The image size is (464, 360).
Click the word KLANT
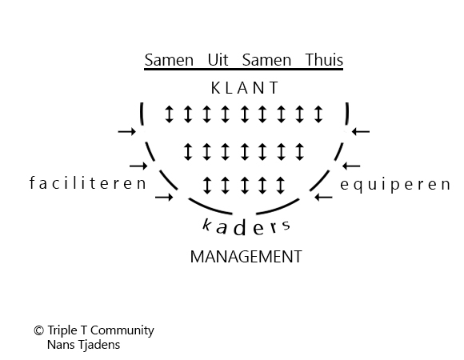click(245, 88)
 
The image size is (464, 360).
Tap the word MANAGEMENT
click(246, 257)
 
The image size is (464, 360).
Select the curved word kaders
click(246, 227)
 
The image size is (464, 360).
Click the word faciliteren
click(88, 183)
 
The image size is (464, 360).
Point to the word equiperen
click(395, 185)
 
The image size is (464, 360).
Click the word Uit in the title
click(218, 60)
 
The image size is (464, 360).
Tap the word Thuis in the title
click(324, 60)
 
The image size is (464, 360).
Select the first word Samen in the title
click(169, 60)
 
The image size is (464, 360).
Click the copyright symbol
click(38, 330)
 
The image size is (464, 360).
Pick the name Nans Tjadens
click(83, 345)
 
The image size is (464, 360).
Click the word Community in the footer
click(122, 330)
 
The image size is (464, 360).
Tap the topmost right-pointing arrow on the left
click(127, 131)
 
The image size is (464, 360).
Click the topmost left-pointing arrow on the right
click(361, 131)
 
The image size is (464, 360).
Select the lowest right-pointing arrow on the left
click(164, 197)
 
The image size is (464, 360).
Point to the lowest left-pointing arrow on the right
click(323, 197)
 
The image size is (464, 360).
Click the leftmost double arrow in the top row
click(170, 114)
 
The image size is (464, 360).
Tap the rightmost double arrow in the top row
click(318, 114)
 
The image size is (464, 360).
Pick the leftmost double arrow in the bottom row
click(207, 185)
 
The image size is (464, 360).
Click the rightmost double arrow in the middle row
click(300, 151)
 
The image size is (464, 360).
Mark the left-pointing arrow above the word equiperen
click(351, 166)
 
